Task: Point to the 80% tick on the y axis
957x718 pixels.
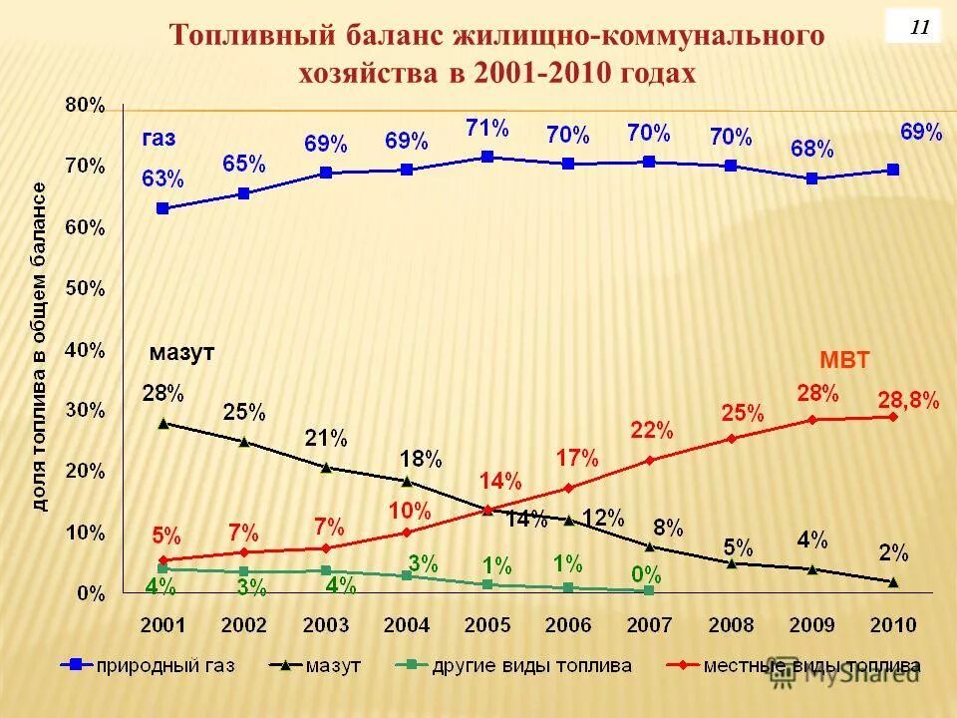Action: pyautogui.click(x=85, y=104)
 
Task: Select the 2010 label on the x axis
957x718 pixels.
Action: pyautogui.click(x=893, y=625)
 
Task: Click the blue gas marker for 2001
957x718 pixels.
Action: pyautogui.click(x=162, y=208)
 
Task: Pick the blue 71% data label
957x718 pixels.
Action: pyautogui.click(x=487, y=128)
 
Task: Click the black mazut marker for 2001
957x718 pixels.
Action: pyautogui.click(x=162, y=423)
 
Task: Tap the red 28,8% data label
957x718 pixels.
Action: pyautogui.click(x=908, y=400)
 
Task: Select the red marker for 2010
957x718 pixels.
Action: pyautogui.click(x=893, y=416)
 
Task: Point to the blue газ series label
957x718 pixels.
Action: pyautogui.click(x=159, y=138)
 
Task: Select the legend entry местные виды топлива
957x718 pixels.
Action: pyautogui.click(x=808, y=665)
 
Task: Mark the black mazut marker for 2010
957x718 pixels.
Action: pyautogui.click(x=893, y=581)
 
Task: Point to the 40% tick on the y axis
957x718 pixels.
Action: pyautogui.click(x=85, y=349)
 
